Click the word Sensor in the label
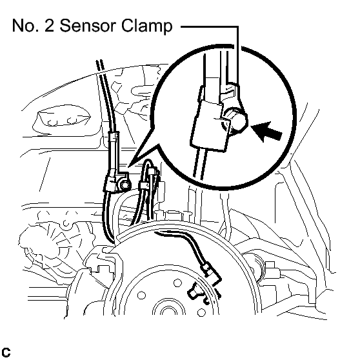click(88, 26)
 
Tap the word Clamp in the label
click(146, 26)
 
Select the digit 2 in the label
click(50, 26)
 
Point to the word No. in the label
click(25, 26)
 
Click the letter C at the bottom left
click(6, 352)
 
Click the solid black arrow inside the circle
click(266, 132)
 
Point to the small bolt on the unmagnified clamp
click(125, 185)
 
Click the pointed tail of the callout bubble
click(129, 166)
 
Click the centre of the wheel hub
click(169, 310)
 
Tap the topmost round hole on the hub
click(177, 283)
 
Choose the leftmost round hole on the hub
click(141, 295)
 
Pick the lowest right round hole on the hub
click(201, 312)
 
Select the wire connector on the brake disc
click(208, 270)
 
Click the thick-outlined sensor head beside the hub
click(195, 293)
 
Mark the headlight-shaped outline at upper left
click(61, 119)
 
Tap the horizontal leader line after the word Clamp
click(210, 26)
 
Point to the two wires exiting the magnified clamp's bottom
click(200, 163)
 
